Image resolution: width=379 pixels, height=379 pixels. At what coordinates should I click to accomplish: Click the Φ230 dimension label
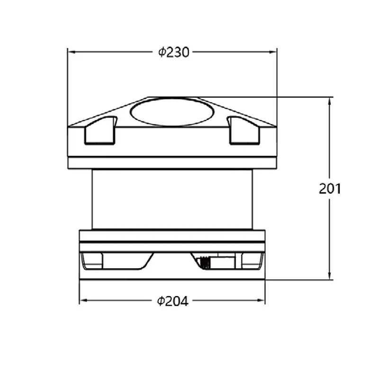174,52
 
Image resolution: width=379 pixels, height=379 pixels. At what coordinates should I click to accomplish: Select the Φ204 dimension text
173,301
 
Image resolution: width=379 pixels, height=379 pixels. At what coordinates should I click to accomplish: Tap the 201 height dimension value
330,189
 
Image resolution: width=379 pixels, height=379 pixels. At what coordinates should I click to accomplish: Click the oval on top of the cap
172,112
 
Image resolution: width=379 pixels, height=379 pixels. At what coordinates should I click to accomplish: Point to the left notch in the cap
100,131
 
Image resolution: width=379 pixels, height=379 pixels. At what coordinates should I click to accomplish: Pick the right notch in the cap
244,131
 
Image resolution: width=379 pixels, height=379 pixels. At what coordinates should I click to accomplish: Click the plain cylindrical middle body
172,199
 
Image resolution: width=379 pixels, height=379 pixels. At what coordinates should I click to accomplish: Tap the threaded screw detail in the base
205,262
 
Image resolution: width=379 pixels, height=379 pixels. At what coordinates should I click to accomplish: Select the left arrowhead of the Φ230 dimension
71,52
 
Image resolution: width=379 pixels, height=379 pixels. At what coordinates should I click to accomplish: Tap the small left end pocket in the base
92,261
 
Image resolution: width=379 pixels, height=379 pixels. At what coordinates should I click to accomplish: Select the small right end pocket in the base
252,261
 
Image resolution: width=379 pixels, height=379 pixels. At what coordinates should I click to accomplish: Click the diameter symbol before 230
162,52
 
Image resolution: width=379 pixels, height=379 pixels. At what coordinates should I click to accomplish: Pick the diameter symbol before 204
161,301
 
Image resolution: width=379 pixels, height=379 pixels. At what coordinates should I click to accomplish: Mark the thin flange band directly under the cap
172,163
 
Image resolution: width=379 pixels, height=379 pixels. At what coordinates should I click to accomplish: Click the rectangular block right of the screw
223,261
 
